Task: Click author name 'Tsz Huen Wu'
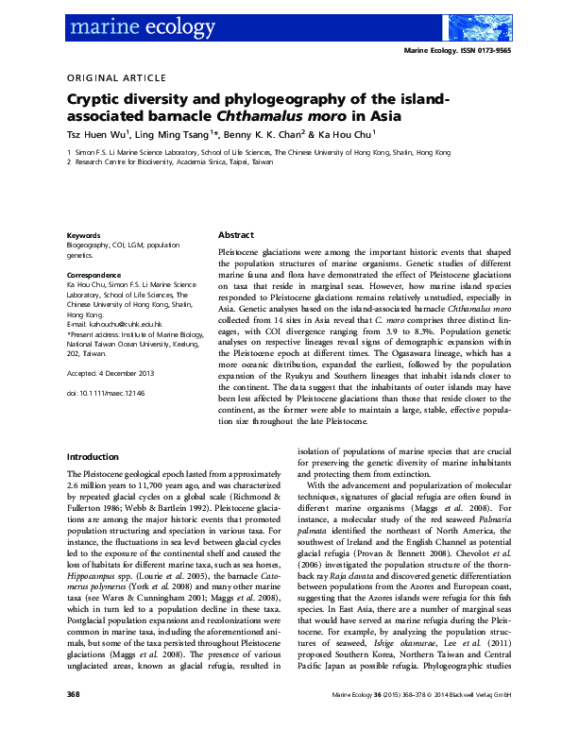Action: [x=101, y=135]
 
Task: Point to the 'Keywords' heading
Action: [x=84, y=235]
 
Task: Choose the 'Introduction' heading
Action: [x=93, y=455]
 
